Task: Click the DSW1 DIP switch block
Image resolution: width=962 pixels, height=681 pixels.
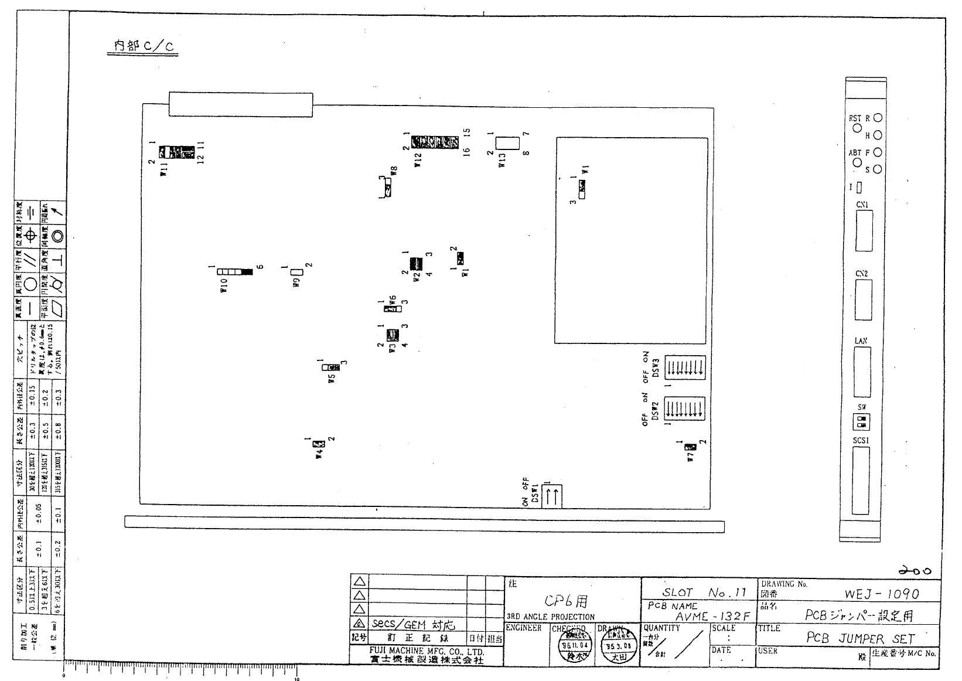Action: pyautogui.click(x=553, y=496)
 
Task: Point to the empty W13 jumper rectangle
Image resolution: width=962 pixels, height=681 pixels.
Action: pyautogui.click(x=507, y=144)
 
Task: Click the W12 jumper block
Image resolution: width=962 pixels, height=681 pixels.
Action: pyautogui.click(x=435, y=142)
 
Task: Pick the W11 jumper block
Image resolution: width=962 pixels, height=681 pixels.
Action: pyautogui.click(x=177, y=152)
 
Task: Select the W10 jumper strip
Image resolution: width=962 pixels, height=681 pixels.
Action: pyautogui.click(x=235, y=272)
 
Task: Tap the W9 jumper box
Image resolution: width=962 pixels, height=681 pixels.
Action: pyautogui.click(x=296, y=272)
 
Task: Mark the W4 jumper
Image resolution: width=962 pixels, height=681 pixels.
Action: pyautogui.click(x=319, y=444)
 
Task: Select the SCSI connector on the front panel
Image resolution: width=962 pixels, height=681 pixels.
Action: pyautogui.click(x=861, y=481)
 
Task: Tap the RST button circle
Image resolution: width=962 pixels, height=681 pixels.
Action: pyautogui.click(x=857, y=128)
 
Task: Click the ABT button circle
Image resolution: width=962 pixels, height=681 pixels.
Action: pyautogui.click(x=857, y=163)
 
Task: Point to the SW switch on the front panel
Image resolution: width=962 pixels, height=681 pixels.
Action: pyautogui.click(x=861, y=421)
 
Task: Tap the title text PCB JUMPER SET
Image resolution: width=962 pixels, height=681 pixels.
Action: pyautogui.click(x=860, y=638)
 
